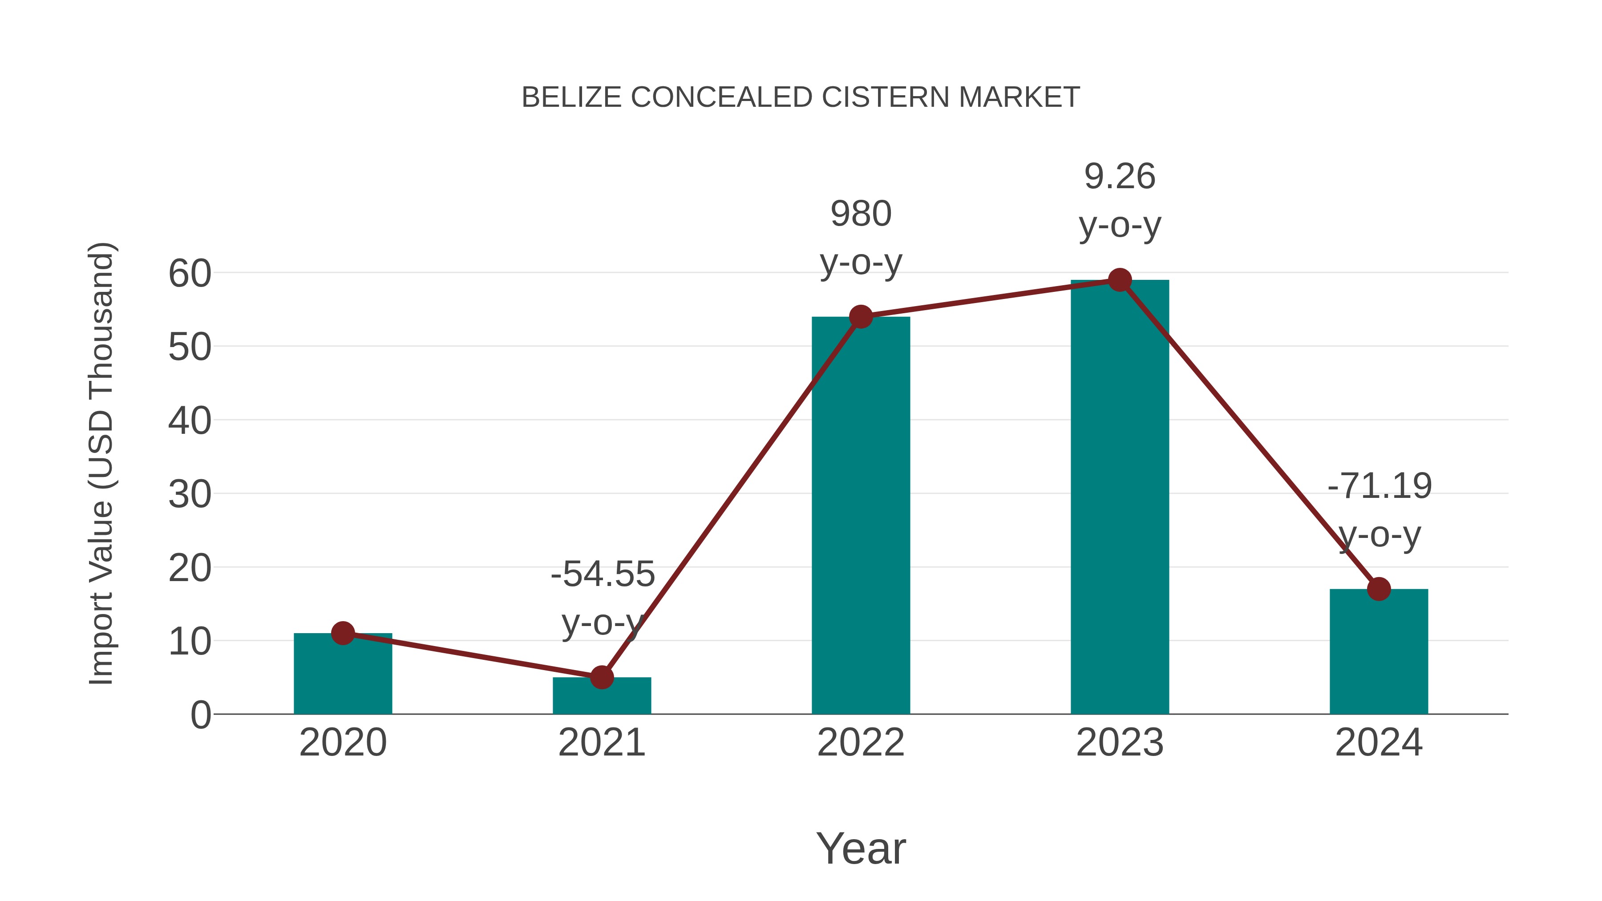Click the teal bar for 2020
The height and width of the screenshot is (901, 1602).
(343, 678)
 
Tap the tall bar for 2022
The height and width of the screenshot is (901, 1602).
(861, 516)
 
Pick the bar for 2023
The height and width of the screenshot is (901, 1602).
(1120, 497)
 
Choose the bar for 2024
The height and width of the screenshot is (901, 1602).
(1379, 653)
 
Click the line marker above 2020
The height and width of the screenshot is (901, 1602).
(343, 633)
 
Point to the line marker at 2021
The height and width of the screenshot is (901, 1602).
(601, 677)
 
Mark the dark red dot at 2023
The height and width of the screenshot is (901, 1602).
(1120, 280)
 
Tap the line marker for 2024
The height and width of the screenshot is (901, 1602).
(1379, 588)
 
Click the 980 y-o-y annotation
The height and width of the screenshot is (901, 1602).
(861, 238)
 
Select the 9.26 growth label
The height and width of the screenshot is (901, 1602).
(1120, 200)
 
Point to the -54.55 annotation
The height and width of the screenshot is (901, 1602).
(603, 597)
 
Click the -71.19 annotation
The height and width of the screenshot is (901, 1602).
(1379, 510)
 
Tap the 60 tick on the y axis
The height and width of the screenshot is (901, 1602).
(190, 273)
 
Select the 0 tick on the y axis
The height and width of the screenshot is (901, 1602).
(200, 715)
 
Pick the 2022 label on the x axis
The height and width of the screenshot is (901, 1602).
(861, 743)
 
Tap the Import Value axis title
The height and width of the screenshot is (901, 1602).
(101, 463)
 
